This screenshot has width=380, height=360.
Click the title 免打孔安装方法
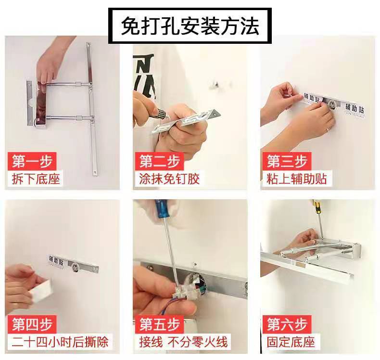[190, 26]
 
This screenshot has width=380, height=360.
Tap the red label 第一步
[32, 161]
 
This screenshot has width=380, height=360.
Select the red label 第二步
[160, 161]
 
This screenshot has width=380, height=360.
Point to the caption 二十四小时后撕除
[60, 343]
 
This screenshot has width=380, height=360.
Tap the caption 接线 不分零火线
[183, 343]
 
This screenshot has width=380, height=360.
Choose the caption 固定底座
[291, 343]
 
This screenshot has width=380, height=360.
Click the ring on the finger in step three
[327, 129]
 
